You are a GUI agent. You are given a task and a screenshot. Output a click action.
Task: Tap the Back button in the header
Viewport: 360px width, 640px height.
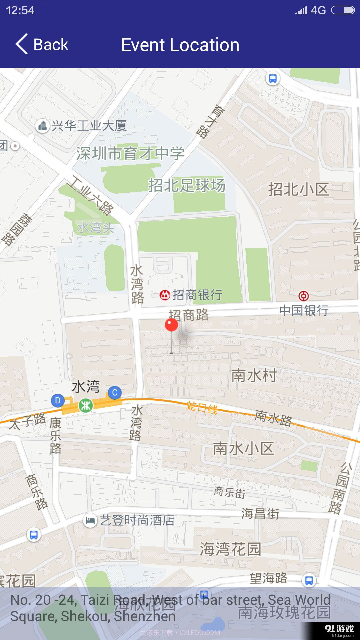point(42,44)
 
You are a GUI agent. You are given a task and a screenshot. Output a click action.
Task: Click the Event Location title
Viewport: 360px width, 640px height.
point(180,45)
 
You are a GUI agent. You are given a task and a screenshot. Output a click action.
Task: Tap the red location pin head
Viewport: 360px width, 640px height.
point(171,325)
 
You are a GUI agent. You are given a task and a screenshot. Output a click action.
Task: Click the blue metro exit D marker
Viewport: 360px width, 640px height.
point(58,400)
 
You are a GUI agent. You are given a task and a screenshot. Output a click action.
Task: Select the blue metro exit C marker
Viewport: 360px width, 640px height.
point(115,393)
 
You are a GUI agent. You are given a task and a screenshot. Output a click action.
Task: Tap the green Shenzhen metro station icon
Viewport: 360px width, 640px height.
point(86,405)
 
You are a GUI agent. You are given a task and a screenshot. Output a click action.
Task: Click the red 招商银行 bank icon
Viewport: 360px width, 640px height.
point(165,295)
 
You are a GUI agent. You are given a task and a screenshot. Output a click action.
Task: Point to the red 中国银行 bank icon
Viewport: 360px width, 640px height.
point(303,296)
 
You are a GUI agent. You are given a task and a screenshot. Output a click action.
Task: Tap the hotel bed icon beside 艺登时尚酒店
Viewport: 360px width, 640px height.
point(90,520)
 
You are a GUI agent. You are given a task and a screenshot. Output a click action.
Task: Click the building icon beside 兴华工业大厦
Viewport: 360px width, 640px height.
point(42,126)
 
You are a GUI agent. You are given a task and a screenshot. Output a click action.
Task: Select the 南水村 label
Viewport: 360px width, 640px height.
point(254,376)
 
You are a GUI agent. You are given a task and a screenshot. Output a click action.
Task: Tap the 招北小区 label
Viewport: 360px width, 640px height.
point(299,189)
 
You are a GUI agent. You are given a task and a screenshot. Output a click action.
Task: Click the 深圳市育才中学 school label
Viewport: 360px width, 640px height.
point(130,154)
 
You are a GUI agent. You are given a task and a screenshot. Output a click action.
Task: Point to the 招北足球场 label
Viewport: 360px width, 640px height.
point(187,185)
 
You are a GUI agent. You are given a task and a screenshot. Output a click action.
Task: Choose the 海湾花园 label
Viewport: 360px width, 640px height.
point(230,549)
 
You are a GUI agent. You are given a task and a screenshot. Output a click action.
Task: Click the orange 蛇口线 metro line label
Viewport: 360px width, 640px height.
point(202,407)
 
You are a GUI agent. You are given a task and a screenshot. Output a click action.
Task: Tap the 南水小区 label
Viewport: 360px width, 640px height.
point(243,449)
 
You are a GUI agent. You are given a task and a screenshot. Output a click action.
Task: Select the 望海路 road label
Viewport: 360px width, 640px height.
point(269,578)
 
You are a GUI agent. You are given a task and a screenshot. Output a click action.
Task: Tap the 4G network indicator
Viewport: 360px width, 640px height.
point(318,10)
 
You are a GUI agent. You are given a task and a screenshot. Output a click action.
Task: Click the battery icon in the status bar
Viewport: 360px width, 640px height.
point(343,10)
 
